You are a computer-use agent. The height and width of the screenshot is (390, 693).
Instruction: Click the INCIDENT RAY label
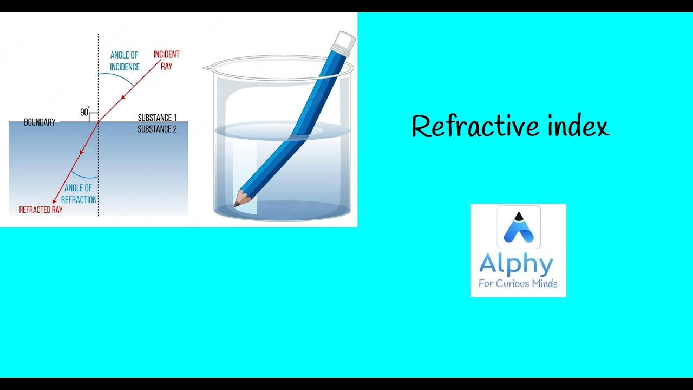click(166, 60)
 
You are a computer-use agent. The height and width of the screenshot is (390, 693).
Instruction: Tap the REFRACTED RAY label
click(41, 210)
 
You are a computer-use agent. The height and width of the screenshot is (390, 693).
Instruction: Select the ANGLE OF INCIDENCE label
click(125, 61)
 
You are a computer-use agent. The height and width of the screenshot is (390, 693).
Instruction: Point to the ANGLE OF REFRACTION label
click(79, 194)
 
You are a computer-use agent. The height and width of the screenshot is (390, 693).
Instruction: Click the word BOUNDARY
click(40, 122)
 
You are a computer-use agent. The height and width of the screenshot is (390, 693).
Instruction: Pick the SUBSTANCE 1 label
click(157, 118)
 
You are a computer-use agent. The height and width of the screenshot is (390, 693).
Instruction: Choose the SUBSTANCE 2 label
click(157, 129)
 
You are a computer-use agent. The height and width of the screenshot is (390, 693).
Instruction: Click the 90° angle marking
click(84, 112)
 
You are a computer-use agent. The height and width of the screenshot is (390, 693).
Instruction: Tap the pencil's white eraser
click(344, 42)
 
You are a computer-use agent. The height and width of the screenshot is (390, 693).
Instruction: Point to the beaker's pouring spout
click(208, 68)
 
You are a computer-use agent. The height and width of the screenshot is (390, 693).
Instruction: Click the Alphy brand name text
click(517, 265)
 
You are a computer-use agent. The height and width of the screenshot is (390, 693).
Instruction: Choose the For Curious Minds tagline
click(518, 283)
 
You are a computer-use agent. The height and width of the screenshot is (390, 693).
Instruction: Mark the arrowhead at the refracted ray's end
click(54, 201)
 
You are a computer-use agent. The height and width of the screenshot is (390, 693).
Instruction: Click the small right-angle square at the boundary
click(94, 117)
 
